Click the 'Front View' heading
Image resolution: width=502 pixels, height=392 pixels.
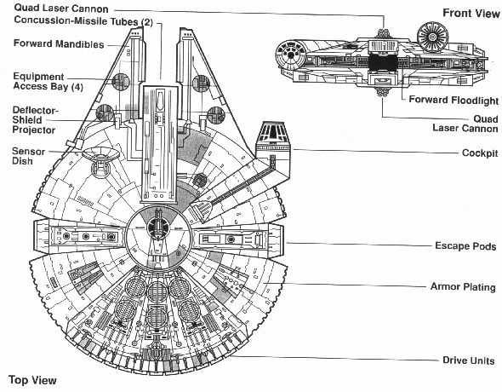(x=471, y=13)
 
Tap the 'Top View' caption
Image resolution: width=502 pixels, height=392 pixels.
(x=32, y=380)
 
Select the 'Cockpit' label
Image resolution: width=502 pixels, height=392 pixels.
(x=480, y=153)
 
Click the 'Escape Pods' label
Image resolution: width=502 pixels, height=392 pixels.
(x=465, y=246)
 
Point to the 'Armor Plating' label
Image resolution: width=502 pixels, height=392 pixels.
(x=463, y=286)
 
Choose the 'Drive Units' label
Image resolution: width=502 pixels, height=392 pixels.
(x=468, y=360)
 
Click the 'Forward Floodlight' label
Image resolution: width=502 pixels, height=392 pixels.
(x=454, y=100)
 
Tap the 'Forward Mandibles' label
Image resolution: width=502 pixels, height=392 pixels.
(x=59, y=43)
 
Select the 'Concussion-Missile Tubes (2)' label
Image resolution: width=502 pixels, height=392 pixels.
(x=83, y=20)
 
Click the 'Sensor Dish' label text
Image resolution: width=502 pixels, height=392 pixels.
(x=28, y=156)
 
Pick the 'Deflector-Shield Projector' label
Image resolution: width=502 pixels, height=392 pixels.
(x=35, y=120)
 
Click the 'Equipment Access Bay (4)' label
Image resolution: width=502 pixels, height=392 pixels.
(x=48, y=82)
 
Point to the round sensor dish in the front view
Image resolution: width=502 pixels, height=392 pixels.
(x=432, y=37)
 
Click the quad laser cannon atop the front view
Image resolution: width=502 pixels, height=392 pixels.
(x=384, y=32)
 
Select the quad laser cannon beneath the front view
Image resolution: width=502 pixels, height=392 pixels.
(x=382, y=93)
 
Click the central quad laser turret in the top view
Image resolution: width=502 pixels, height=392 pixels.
(x=157, y=227)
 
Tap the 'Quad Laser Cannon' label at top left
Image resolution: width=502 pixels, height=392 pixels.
(x=61, y=8)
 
